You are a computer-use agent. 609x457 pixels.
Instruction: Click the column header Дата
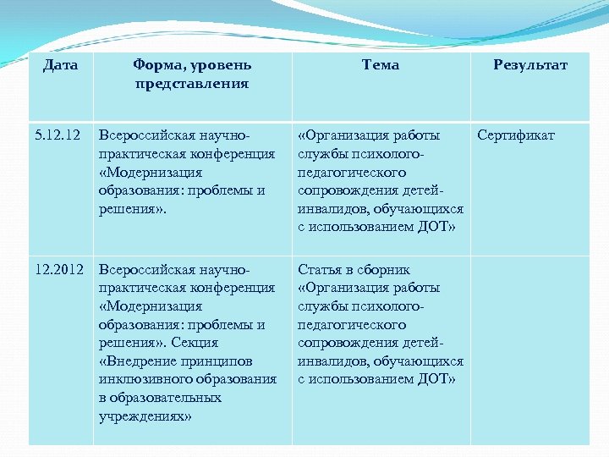[x=60, y=65]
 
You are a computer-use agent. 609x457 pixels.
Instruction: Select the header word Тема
[x=380, y=65]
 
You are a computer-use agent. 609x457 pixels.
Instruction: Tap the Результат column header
[x=529, y=65]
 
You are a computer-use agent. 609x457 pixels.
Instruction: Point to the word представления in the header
[x=191, y=84]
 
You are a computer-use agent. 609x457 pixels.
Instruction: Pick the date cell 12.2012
[x=58, y=270]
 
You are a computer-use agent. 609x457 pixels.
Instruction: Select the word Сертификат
[x=516, y=135]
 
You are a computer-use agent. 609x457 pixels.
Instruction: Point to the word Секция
[x=196, y=343]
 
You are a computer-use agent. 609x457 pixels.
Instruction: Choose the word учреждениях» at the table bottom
[x=145, y=416]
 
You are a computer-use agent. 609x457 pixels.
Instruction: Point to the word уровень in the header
[x=222, y=65]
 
